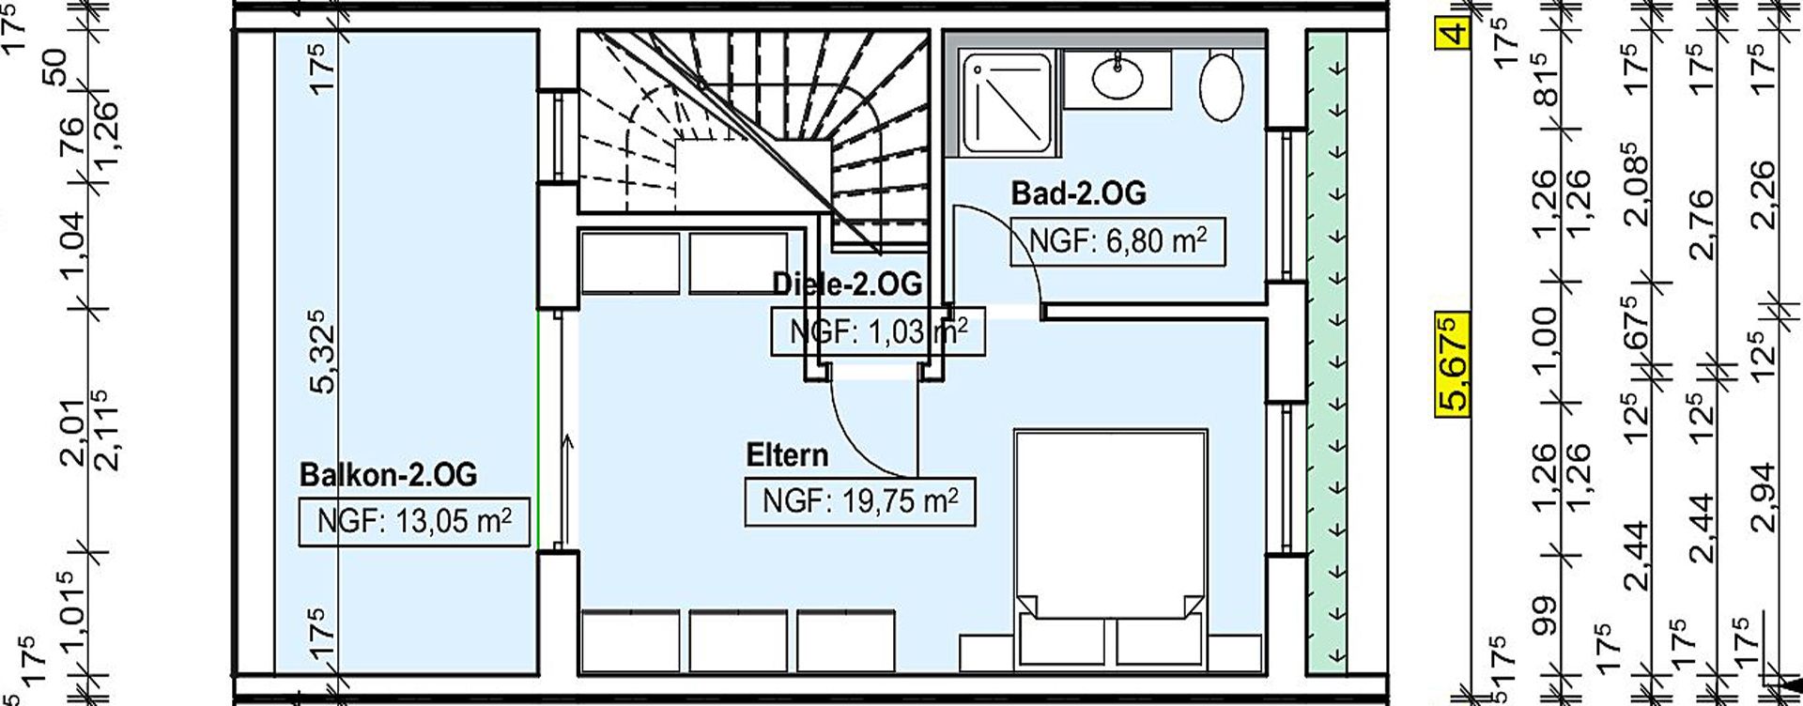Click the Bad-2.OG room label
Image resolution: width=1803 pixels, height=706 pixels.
pyautogui.click(x=1078, y=193)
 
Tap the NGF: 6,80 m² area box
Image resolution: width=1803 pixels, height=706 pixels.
pyautogui.click(x=1117, y=242)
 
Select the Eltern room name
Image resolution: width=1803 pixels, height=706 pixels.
pyautogui.click(x=787, y=455)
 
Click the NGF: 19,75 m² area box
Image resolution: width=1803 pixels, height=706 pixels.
pyautogui.click(x=859, y=501)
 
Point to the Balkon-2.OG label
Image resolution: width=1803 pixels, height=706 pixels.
pyautogui.click(x=388, y=474)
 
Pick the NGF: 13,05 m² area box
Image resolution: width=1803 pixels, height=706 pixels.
pyautogui.click(x=414, y=521)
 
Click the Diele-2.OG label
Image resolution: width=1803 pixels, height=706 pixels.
pyautogui.click(x=846, y=283)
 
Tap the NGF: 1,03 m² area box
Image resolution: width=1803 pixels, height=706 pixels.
pyautogui.click(x=878, y=331)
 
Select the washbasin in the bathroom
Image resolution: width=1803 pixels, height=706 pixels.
pyautogui.click(x=1117, y=74)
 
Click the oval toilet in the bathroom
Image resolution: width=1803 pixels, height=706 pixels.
pyautogui.click(x=1222, y=86)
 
